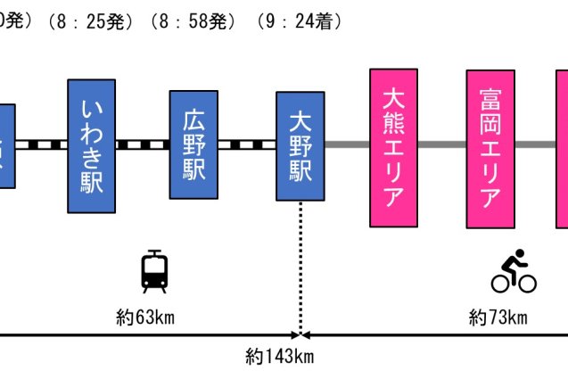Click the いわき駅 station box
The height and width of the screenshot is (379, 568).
click(x=92, y=146)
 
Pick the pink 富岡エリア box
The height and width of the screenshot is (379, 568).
click(x=490, y=148)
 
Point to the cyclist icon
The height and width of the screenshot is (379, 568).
click(x=514, y=272)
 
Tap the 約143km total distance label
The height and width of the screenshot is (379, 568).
click(x=280, y=357)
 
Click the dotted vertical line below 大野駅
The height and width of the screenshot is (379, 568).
click(x=300, y=268)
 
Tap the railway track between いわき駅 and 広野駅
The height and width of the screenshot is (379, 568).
click(x=143, y=144)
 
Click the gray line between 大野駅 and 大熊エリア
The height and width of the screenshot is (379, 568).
click(x=347, y=144)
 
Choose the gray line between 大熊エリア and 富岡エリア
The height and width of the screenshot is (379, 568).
click(x=442, y=144)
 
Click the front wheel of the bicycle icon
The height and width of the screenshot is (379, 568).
click(x=527, y=284)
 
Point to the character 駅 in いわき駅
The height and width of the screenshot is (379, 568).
click(x=92, y=181)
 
